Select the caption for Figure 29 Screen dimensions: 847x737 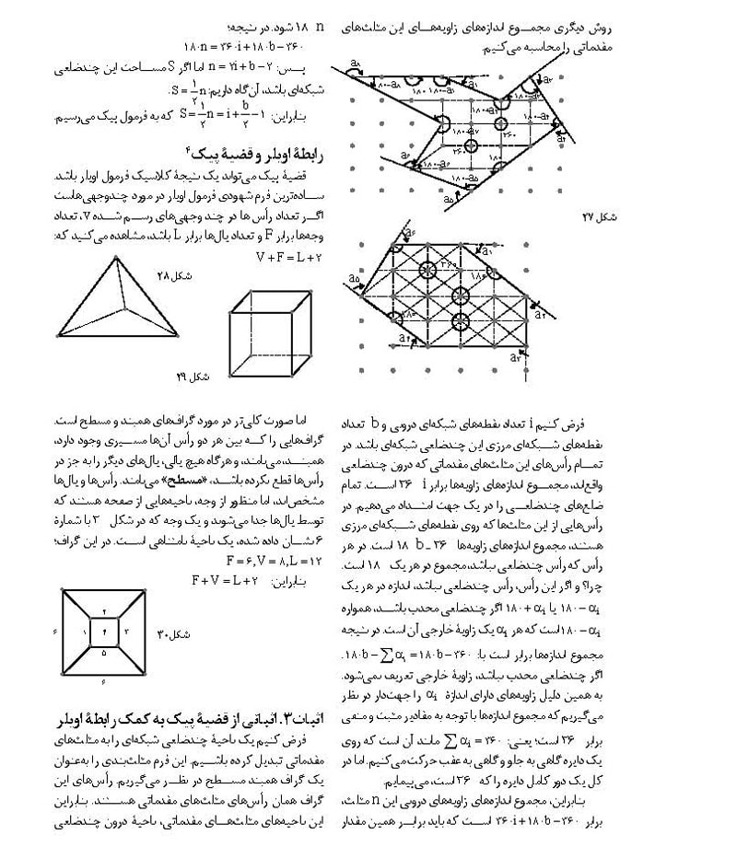click(x=198, y=376)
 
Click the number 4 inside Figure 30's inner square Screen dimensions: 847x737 click(x=104, y=631)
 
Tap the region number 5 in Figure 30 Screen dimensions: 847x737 click(x=104, y=654)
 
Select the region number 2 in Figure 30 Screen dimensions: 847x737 click(x=104, y=610)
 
